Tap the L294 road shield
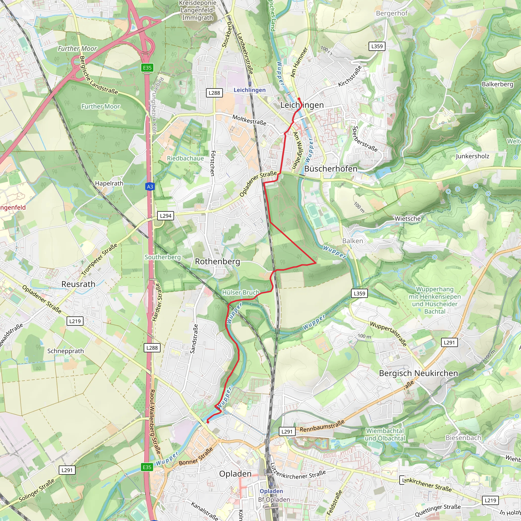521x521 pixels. pos(166,216)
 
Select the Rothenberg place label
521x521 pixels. pos(217,261)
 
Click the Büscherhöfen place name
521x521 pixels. pos(331,169)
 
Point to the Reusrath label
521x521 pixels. pos(78,284)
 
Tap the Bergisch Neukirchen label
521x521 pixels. pos(418,373)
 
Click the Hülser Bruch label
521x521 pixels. pos(241,292)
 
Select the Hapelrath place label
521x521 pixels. pos(109,183)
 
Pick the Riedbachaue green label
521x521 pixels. pos(185,158)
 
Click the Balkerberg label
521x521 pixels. pos(497,84)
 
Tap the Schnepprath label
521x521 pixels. pos(66,351)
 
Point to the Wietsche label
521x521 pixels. pos(408,219)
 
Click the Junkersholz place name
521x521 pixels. pos(472,156)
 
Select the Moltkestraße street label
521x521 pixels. pos(249,120)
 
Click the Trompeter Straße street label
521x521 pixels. pos(99,259)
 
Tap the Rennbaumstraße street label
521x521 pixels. pos(322,426)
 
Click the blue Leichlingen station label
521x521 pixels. pos(250,90)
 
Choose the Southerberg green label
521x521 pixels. pos(163,257)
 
